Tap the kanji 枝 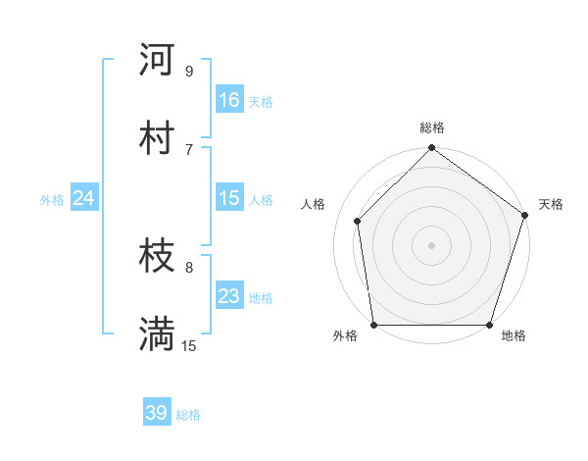(x=157, y=257)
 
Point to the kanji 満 (x=157, y=336)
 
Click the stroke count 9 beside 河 (x=189, y=71)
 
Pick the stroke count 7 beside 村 (x=189, y=149)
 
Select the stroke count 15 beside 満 (x=189, y=346)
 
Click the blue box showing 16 (x=229, y=100)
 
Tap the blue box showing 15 (x=229, y=198)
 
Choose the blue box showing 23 (x=229, y=296)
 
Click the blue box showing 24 (x=84, y=198)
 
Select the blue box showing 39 (x=157, y=413)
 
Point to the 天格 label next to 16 (x=261, y=101)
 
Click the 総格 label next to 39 (x=188, y=414)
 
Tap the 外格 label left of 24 (x=52, y=199)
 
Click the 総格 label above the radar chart (x=431, y=128)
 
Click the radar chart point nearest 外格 (x=373, y=325)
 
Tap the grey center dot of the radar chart (x=431, y=245)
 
